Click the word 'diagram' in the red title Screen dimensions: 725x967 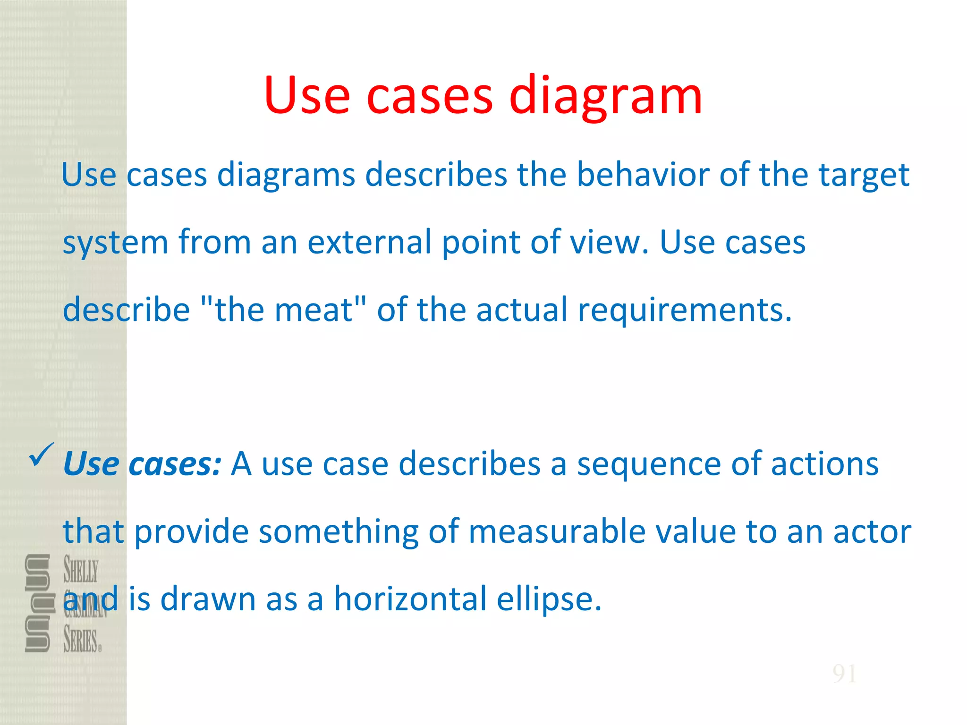pos(605,97)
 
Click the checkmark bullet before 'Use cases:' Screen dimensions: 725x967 pos(42,455)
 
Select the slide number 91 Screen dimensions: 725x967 pos(844,674)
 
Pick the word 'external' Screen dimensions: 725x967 pos(370,242)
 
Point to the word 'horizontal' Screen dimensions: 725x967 pos(410,599)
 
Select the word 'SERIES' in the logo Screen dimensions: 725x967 pos(81,641)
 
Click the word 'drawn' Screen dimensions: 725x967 pos(208,599)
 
